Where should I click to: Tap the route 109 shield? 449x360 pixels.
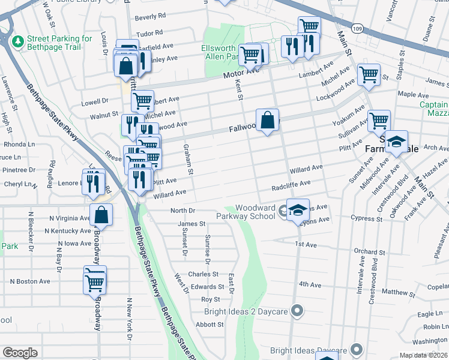pos(358,28)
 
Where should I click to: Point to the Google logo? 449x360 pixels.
pos(20,353)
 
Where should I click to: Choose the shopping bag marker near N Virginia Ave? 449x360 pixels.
pos(101,215)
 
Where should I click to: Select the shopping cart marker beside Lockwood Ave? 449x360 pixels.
pos(369,75)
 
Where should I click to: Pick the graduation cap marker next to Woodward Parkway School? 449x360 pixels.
pos(298,210)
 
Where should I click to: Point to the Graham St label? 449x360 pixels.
pos(188,159)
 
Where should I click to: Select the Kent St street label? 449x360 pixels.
pos(239,92)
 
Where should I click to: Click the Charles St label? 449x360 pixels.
pos(199,274)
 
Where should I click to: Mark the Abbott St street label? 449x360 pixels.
pos(209,325)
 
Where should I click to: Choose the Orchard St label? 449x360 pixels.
pos(365,252)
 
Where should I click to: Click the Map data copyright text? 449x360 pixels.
pos(424,355)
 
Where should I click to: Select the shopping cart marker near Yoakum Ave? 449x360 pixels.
pos(379,121)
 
